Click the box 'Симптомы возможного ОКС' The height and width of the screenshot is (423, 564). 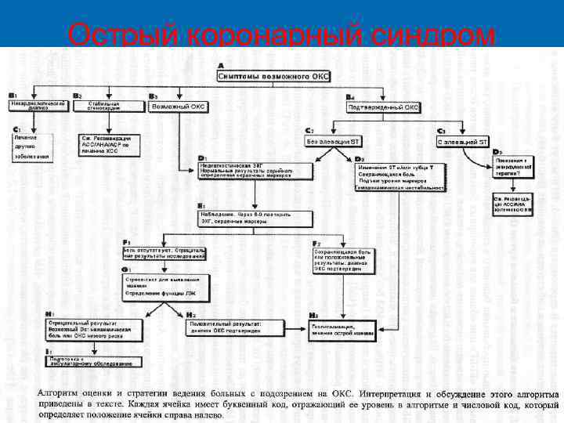pyautogui.click(x=273, y=75)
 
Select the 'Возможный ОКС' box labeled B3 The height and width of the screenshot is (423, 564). pyautogui.click(x=179, y=106)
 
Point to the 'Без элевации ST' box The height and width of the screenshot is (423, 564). pyautogui.click(x=333, y=141)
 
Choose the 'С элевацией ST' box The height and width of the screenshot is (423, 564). pyautogui.click(x=463, y=141)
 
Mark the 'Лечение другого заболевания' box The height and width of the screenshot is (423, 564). pyautogui.click(x=32, y=146)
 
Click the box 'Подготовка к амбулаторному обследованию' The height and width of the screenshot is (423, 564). pyautogui.click(x=92, y=360)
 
